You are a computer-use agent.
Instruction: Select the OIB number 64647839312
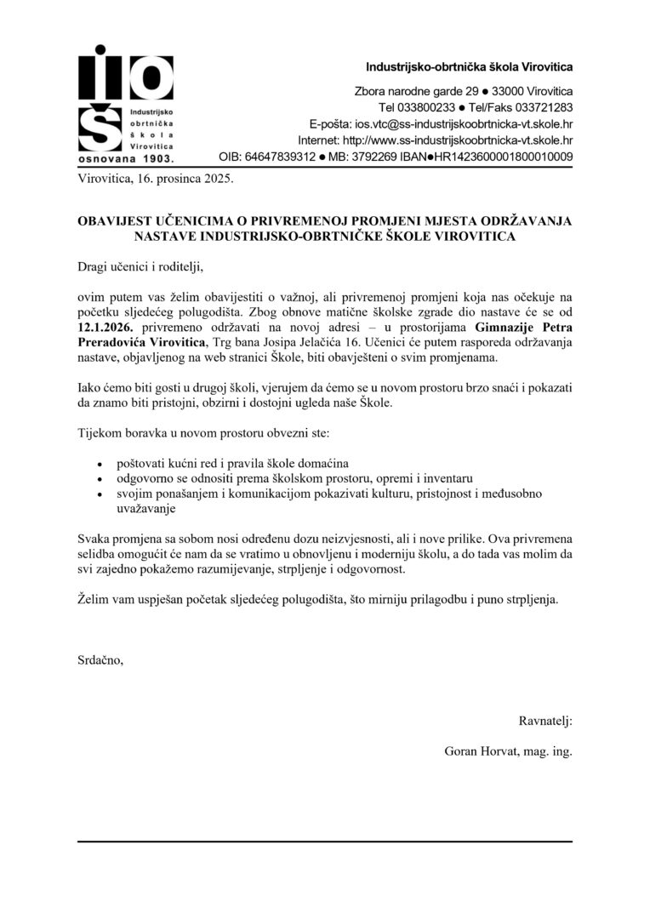(x=281, y=157)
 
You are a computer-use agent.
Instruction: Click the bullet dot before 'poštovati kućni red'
(x=101, y=465)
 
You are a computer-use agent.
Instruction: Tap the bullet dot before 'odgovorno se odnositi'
(x=101, y=480)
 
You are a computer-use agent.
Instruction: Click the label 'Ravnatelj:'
(x=545, y=722)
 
